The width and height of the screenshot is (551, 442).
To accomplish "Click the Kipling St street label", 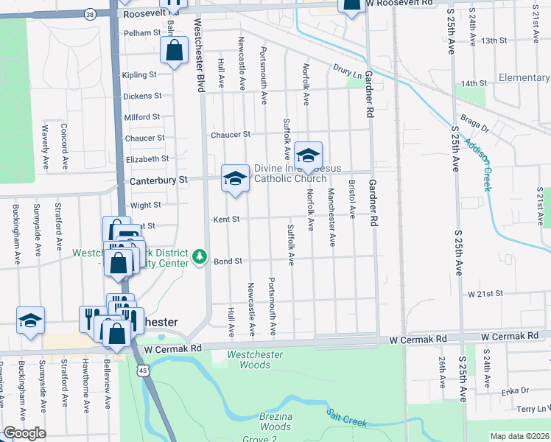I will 141,75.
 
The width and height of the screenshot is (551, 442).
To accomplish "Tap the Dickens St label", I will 143,96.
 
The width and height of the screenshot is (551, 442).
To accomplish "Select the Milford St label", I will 142,117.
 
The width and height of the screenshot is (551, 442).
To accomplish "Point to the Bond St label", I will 228,261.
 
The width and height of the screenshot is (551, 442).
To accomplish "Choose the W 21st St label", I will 485,293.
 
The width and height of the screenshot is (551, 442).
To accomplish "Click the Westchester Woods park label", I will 250,359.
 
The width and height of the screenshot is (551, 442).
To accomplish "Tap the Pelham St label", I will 142,33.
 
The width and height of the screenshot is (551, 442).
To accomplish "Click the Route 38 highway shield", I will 90,13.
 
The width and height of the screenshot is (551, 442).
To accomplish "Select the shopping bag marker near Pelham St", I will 175,52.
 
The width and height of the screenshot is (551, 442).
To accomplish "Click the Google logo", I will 24,433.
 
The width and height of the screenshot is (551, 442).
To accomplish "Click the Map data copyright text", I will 519,436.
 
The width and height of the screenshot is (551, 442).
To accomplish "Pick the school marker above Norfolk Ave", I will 309,155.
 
